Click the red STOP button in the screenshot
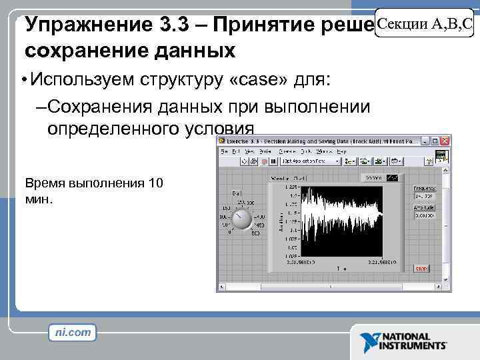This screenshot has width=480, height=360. (421, 269)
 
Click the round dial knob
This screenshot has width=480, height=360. (241, 219)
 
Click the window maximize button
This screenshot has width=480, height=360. (435, 141)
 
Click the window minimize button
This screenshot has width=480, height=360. (425, 141)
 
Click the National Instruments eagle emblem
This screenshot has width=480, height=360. (369, 342)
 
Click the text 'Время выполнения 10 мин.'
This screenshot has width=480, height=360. (93, 191)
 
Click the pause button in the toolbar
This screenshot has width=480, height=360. (273, 161)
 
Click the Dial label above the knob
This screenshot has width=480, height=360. (236, 193)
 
